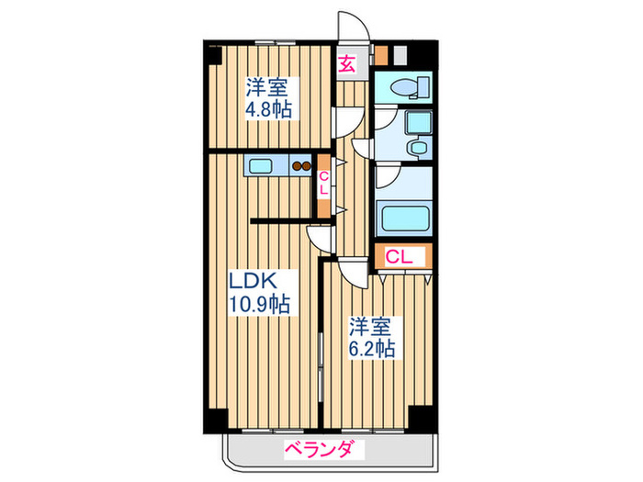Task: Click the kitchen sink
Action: click(261, 166)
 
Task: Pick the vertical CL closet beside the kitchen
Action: click(324, 184)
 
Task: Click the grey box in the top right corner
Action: click(400, 54)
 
